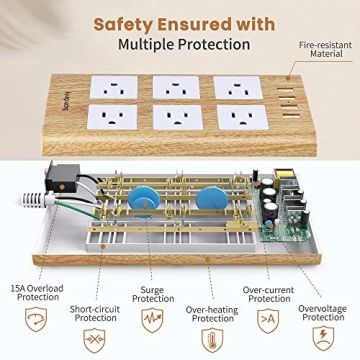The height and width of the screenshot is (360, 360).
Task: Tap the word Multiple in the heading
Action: click(x=156, y=44)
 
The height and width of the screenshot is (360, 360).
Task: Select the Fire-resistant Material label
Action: click(x=323, y=51)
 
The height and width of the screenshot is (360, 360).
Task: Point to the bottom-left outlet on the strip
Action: click(x=109, y=117)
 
